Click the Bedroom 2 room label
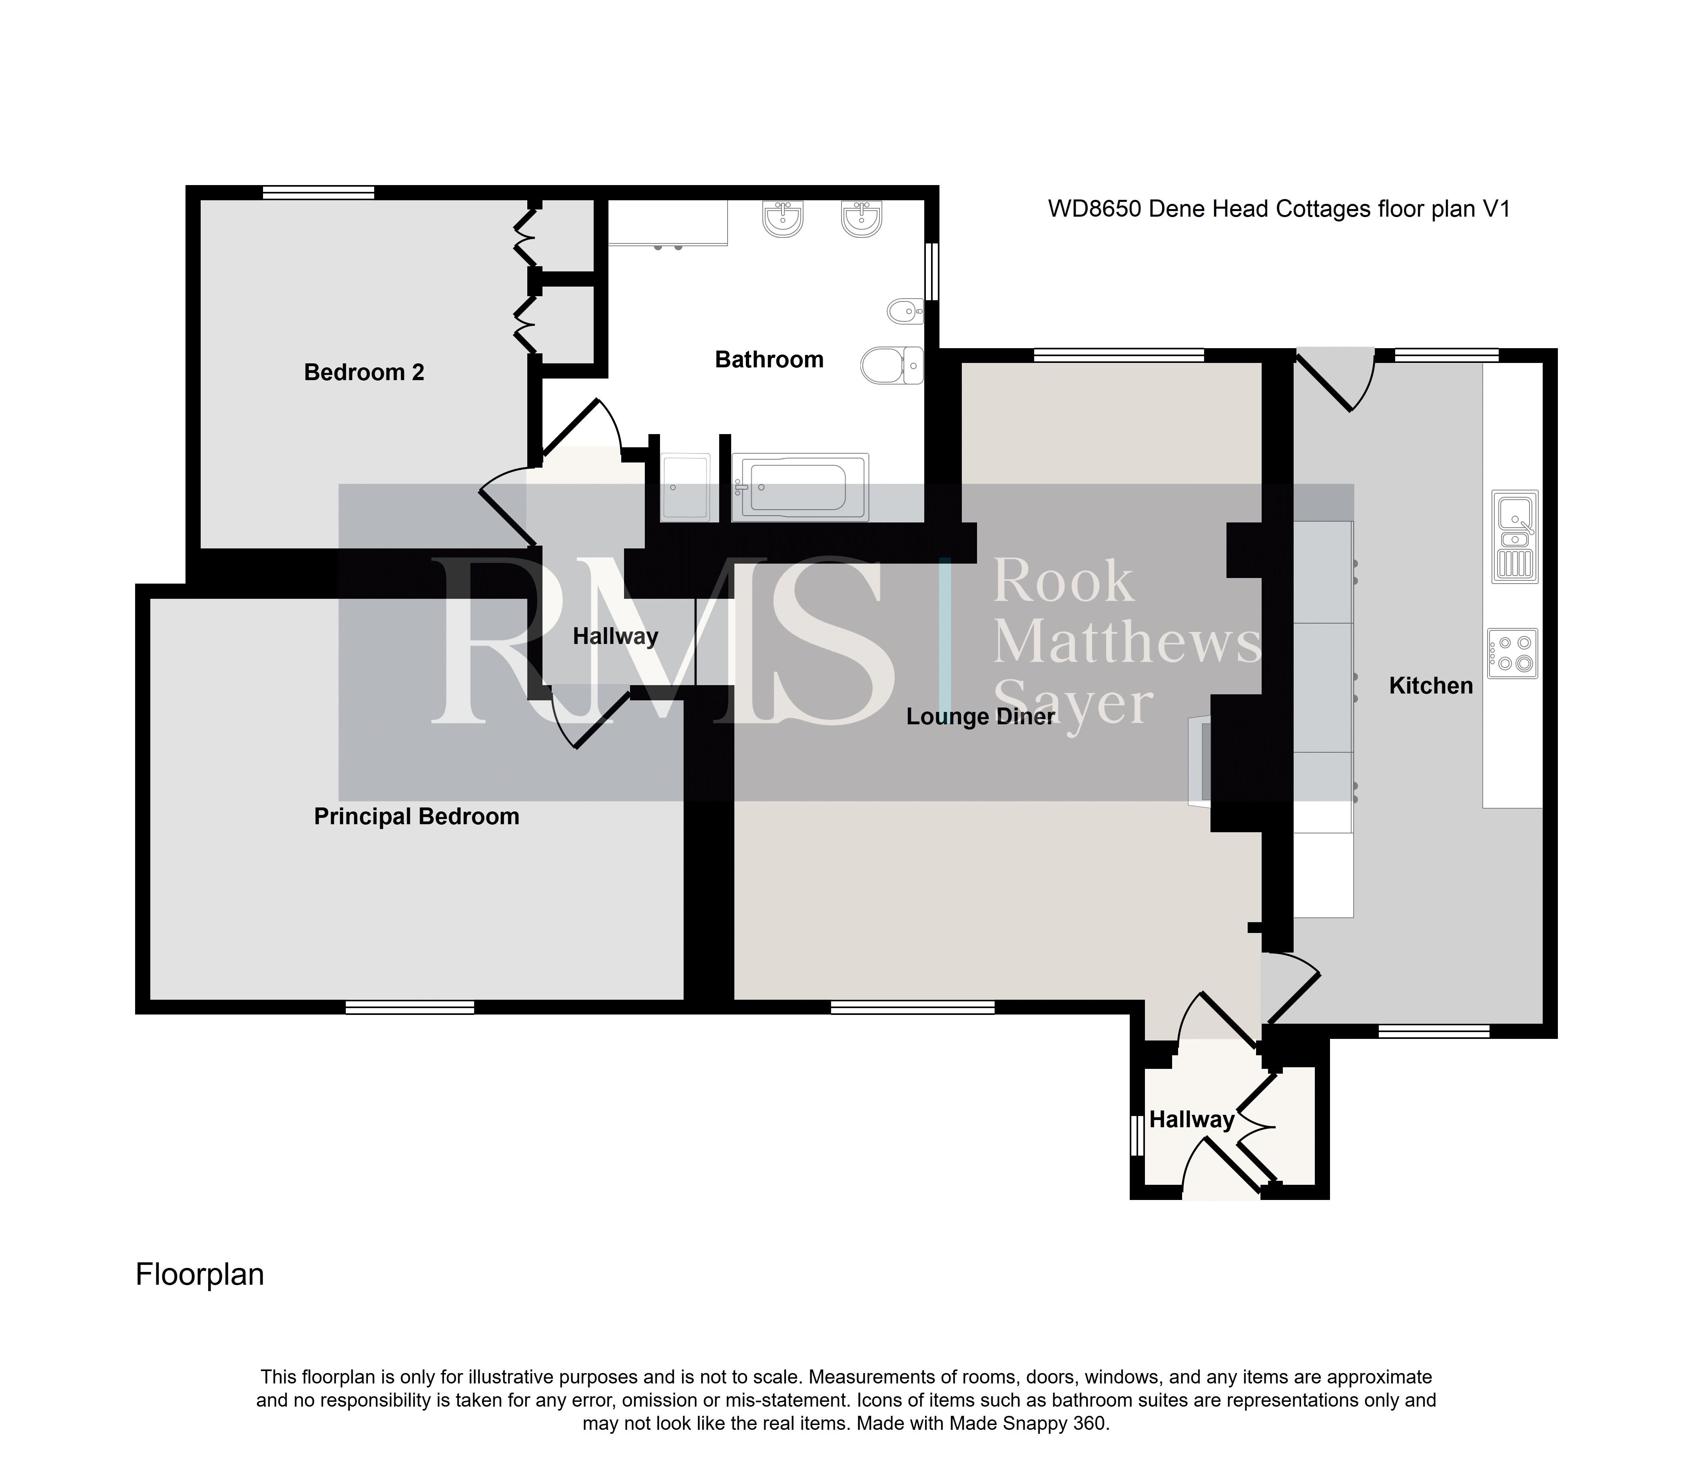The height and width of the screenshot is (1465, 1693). tap(364, 373)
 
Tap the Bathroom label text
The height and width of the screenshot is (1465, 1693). tap(769, 360)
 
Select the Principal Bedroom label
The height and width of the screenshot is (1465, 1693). tap(417, 817)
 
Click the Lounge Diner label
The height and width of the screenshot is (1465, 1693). tap(981, 717)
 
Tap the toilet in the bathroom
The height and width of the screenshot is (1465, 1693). tap(892, 365)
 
